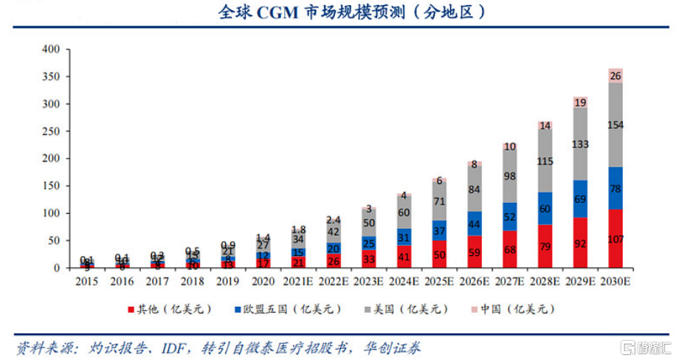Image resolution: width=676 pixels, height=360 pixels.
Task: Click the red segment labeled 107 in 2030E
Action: (615, 238)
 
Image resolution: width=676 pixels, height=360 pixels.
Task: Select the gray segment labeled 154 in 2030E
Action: (615, 125)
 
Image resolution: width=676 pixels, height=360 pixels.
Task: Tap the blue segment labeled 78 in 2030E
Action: (615, 188)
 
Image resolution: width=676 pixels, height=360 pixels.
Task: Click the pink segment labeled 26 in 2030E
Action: (615, 76)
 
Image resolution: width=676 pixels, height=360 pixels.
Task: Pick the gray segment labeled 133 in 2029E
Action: (580, 144)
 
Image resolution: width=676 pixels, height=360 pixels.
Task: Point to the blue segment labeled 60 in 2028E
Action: (545, 209)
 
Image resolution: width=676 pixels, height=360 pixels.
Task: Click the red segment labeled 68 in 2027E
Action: (510, 249)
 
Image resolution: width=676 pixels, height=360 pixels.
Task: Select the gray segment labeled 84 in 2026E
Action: (475, 190)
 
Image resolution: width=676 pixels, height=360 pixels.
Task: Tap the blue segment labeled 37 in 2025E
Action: (439, 231)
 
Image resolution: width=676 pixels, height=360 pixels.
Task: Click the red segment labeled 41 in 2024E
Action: (404, 257)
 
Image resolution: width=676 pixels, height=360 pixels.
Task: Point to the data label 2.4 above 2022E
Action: (333, 220)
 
